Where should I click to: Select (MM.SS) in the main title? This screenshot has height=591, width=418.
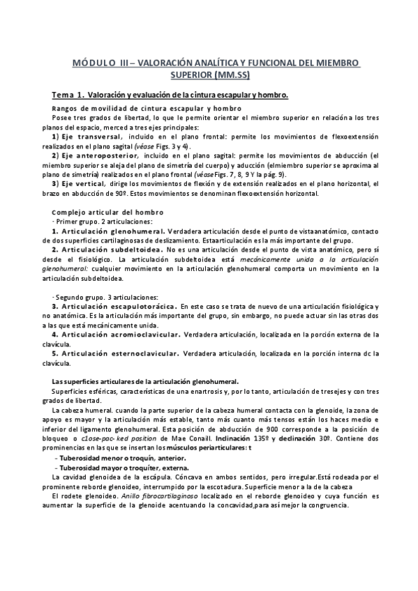tap(230, 75)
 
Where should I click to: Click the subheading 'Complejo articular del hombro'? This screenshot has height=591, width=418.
tap(107, 212)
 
